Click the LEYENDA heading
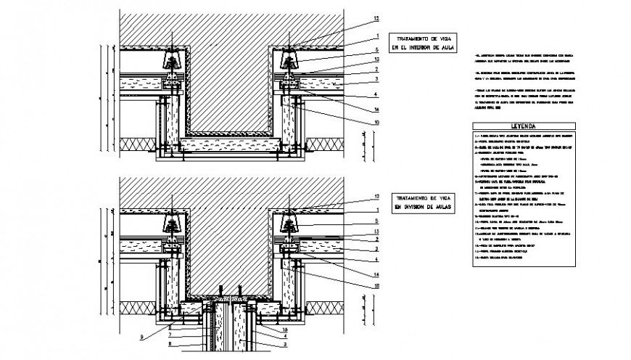pyautogui.click(x=521, y=124)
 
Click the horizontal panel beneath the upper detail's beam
pyautogui.click(x=231, y=147)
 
